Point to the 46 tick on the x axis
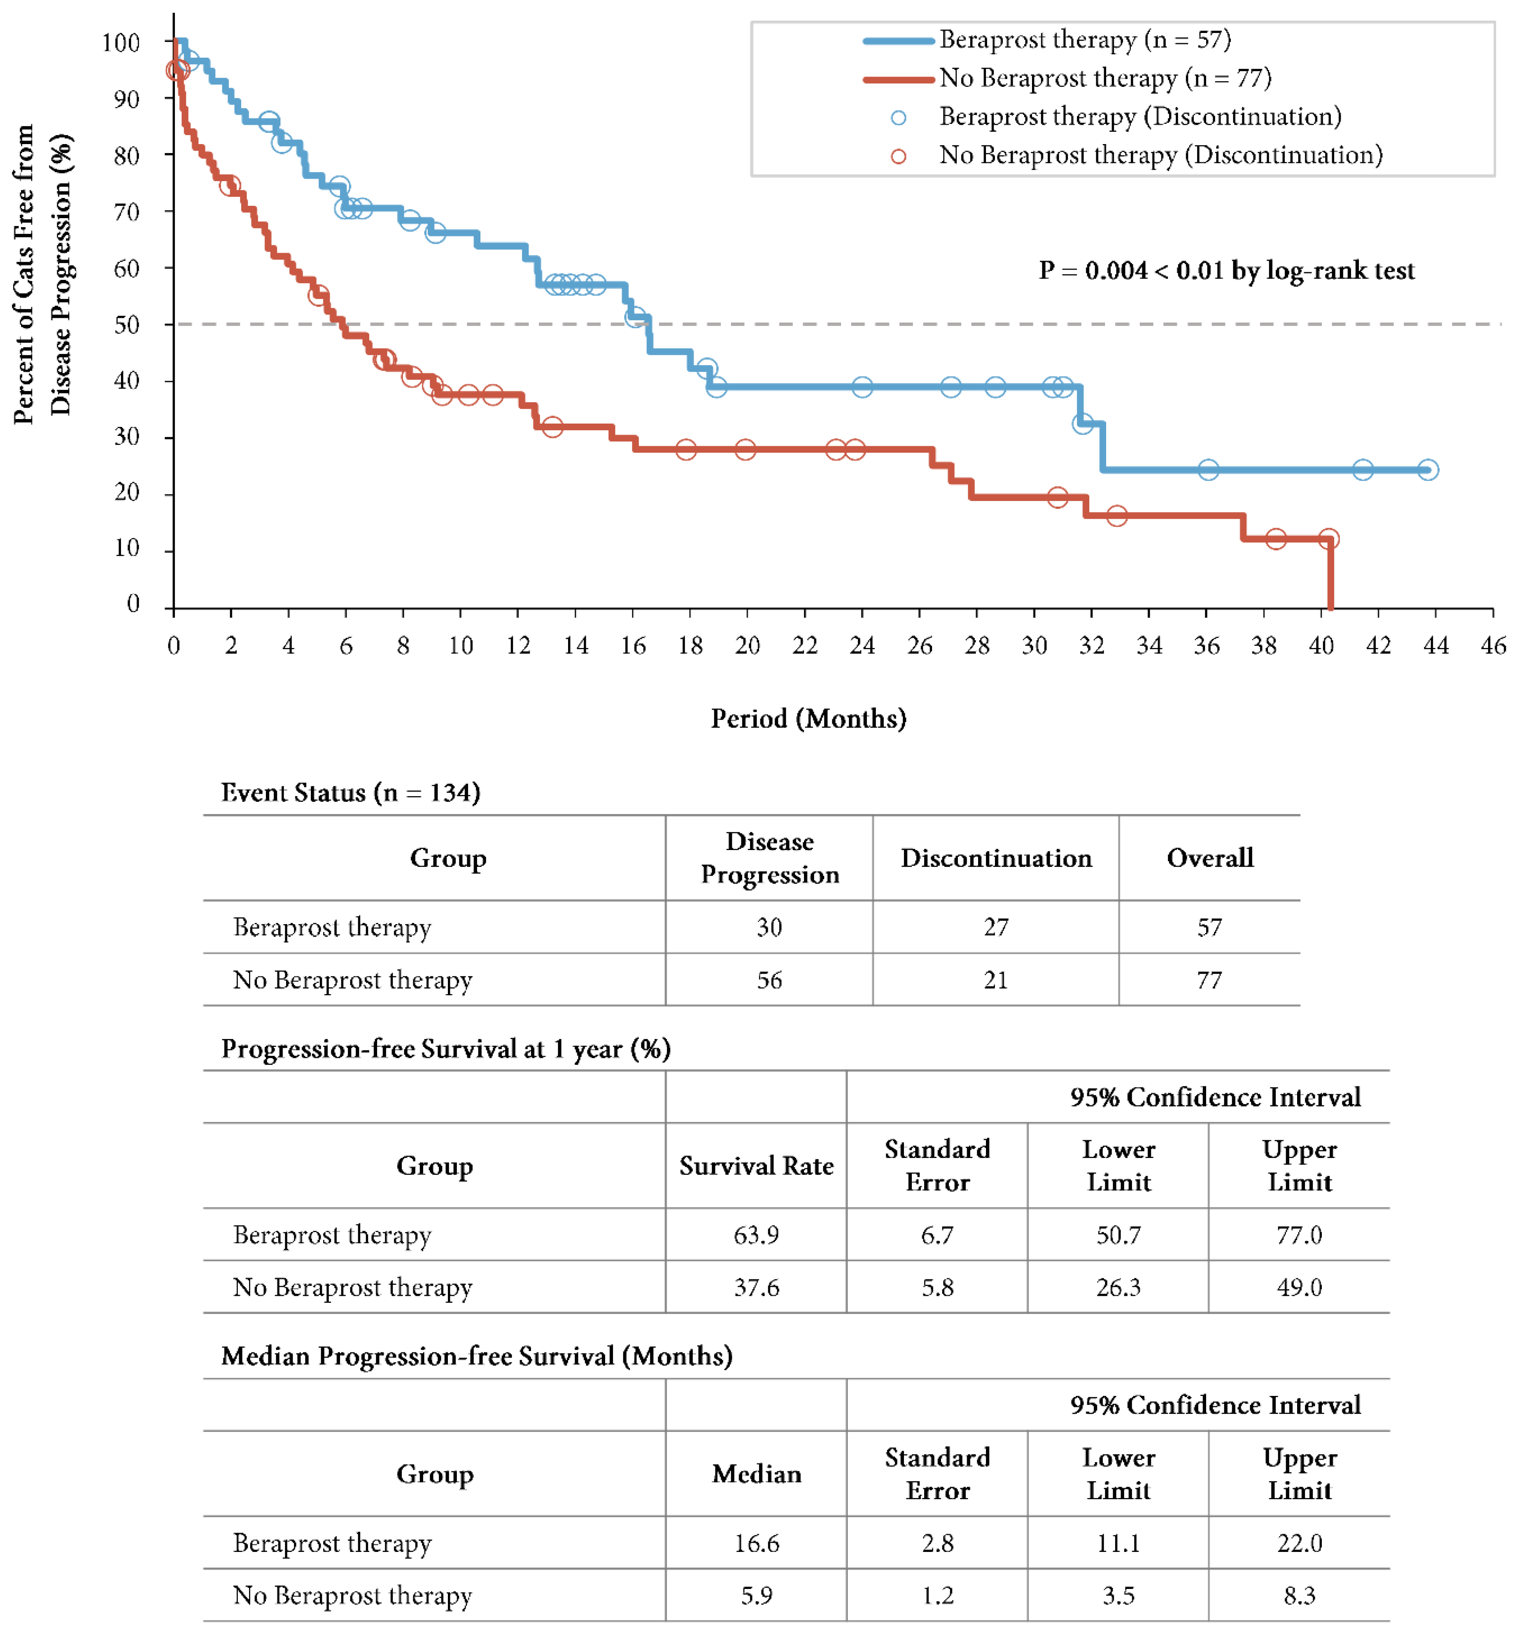click(x=1493, y=645)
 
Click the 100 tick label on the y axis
click(x=121, y=43)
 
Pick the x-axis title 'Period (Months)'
click(x=808, y=719)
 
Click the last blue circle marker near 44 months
click(x=1428, y=470)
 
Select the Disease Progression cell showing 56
click(x=769, y=980)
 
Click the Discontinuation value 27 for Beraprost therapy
click(x=996, y=927)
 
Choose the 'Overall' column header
click(x=1209, y=858)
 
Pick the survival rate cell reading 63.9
click(x=756, y=1235)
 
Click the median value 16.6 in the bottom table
click(x=756, y=1542)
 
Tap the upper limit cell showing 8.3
click(x=1299, y=1595)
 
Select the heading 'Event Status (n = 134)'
click(x=351, y=793)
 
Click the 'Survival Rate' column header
click(x=756, y=1166)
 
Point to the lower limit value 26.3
click(x=1118, y=1287)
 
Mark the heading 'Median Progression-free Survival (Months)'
click(x=476, y=1356)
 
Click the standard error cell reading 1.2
click(x=937, y=1595)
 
